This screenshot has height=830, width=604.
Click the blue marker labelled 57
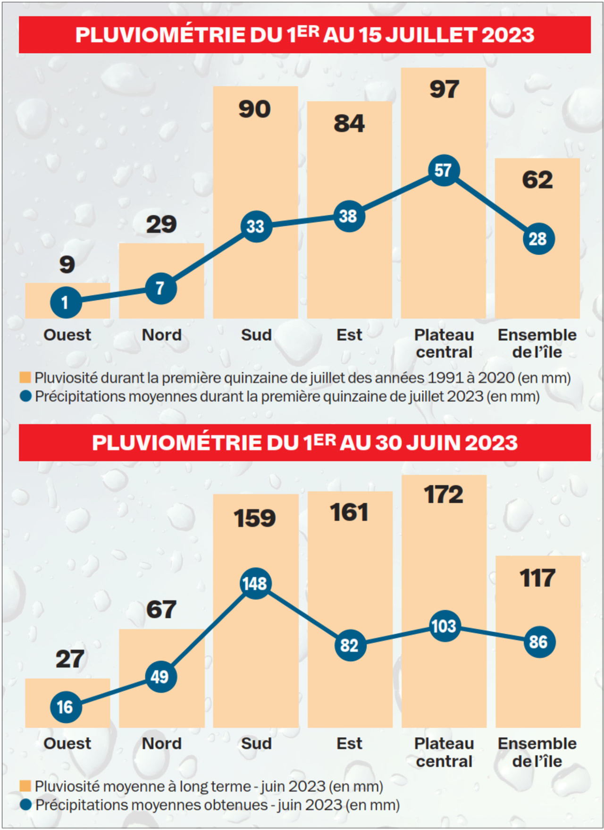pyautogui.click(x=444, y=170)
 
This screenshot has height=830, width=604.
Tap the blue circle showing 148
pyautogui.click(x=255, y=584)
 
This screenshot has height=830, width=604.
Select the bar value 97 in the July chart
pyautogui.click(x=444, y=89)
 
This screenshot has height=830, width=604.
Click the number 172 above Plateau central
pyautogui.click(x=444, y=495)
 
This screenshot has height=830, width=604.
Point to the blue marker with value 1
pyautogui.click(x=66, y=302)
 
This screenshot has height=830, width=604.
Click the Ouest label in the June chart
pyautogui.click(x=67, y=743)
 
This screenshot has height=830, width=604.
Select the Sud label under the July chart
pyautogui.click(x=256, y=335)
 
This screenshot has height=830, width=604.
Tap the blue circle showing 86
pyautogui.click(x=538, y=642)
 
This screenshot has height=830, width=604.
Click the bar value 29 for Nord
pyautogui.click(x=161, y=224)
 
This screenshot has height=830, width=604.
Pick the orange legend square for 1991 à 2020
pyautogui.click(x=25, y=377)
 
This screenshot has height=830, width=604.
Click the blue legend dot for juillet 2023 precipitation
pyautogui.click(x=25, y=396)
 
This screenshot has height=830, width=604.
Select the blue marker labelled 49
pyautogui.click(x=160, y=677)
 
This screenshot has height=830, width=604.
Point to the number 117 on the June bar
pyautogui.click(x=537, y=578)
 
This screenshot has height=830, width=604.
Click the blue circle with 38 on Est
pyautogui.click(x=349, y=216)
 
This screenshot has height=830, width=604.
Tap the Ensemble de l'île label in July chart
pyautogui.click(x=537, y=343)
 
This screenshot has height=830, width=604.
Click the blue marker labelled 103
pyautogui.click(x=444, y=626)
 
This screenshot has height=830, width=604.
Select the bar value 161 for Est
pyautogui.click(x=349, y=512)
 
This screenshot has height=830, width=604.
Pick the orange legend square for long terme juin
pyautogui.click(x=25, y=786)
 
